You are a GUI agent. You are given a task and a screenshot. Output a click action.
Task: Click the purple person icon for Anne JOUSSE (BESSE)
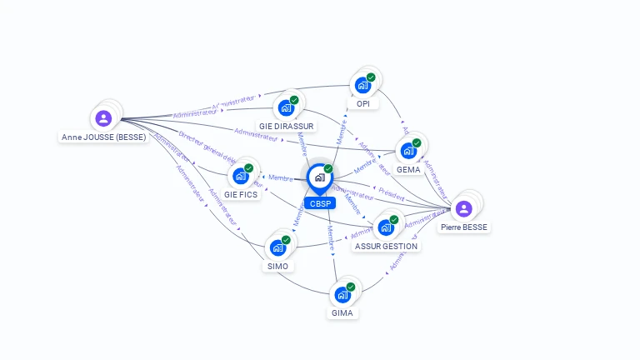pyautogui.click(x=103, y=118)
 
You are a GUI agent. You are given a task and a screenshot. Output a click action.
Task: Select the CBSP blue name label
pyautogui.click(x=319, y=203)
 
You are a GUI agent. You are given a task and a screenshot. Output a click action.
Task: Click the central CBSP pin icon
pyautogui.click(x=319, y=177)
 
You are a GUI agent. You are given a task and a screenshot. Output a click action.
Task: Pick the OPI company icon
pyautogui.click(x=362, y=85)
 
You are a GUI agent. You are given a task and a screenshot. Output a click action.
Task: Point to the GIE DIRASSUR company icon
pyautogui.click(x=286, y=107)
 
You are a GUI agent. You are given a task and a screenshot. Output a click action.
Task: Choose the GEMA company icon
pyautogui.click(x=408, y=151)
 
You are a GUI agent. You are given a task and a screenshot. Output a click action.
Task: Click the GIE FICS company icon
pyautogui.click(x=241, y=176)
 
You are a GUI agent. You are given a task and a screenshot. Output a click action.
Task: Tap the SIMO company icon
pyautogui.click(x=277, y=247)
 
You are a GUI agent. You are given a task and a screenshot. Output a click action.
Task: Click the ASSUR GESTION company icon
pyautogui.click(x=386, y=227)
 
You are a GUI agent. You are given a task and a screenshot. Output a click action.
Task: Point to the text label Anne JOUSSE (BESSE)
pyautogui.click(x=104, y=137)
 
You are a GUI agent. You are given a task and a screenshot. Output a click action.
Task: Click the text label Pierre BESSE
pyautogui.click(x=464, y=227)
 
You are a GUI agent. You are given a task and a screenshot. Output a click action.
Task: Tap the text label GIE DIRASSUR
pyautogui.click(x=286, y=127)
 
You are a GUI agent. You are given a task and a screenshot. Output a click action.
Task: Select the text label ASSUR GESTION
pyautogui.click(x=386, y=246)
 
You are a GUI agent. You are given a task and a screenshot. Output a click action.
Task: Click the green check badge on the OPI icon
pyautogui.click(x=371, y=77)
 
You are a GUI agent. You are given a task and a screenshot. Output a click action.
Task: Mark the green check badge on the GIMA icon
pyautogui.click(x=351, y=287)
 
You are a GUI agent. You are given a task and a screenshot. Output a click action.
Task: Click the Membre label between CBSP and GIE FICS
pyautogui.click(x=280, y=177)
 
